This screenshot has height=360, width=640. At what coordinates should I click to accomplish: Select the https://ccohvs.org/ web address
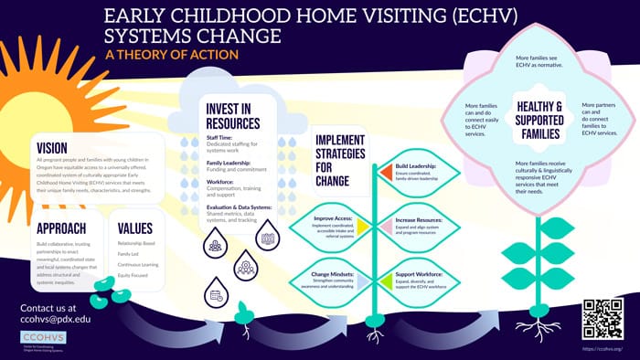click(602, 348)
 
